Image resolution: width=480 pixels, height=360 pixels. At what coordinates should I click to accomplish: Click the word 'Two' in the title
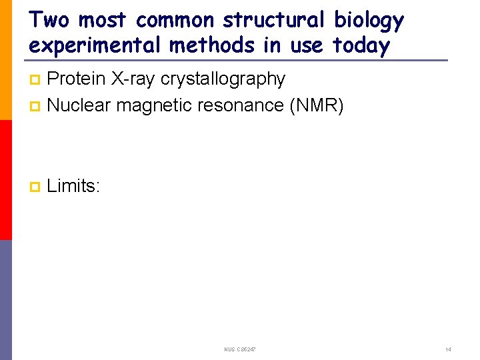[49, 20]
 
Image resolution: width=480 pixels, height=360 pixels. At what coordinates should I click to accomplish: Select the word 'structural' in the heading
[273, 20]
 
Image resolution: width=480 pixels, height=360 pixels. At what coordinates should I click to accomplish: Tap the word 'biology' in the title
[369, 20]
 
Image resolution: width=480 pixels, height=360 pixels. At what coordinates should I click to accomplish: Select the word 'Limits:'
[73, 186]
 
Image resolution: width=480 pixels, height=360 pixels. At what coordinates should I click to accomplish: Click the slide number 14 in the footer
[448, 350]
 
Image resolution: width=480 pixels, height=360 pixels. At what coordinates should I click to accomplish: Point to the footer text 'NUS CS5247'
[241, 350]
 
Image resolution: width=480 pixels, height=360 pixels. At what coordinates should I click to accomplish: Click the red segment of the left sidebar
[5, 180]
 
